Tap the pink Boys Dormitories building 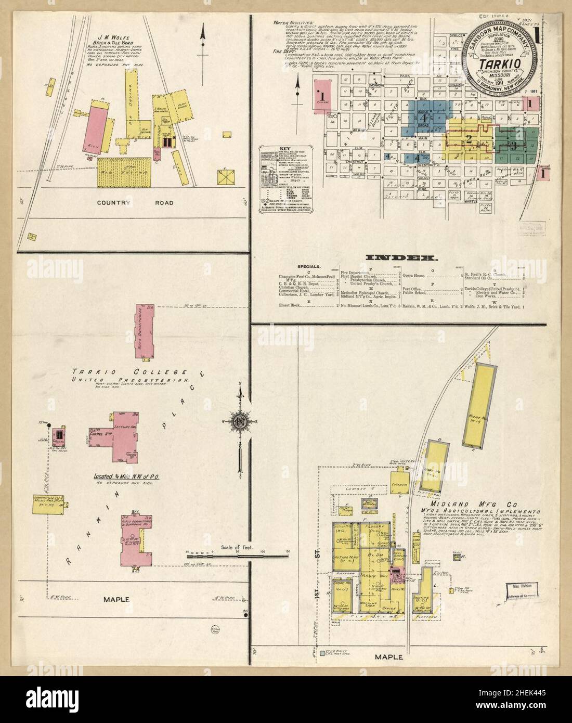[146, 331]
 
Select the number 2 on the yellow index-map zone [469, 139]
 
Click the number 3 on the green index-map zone [514, 146]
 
